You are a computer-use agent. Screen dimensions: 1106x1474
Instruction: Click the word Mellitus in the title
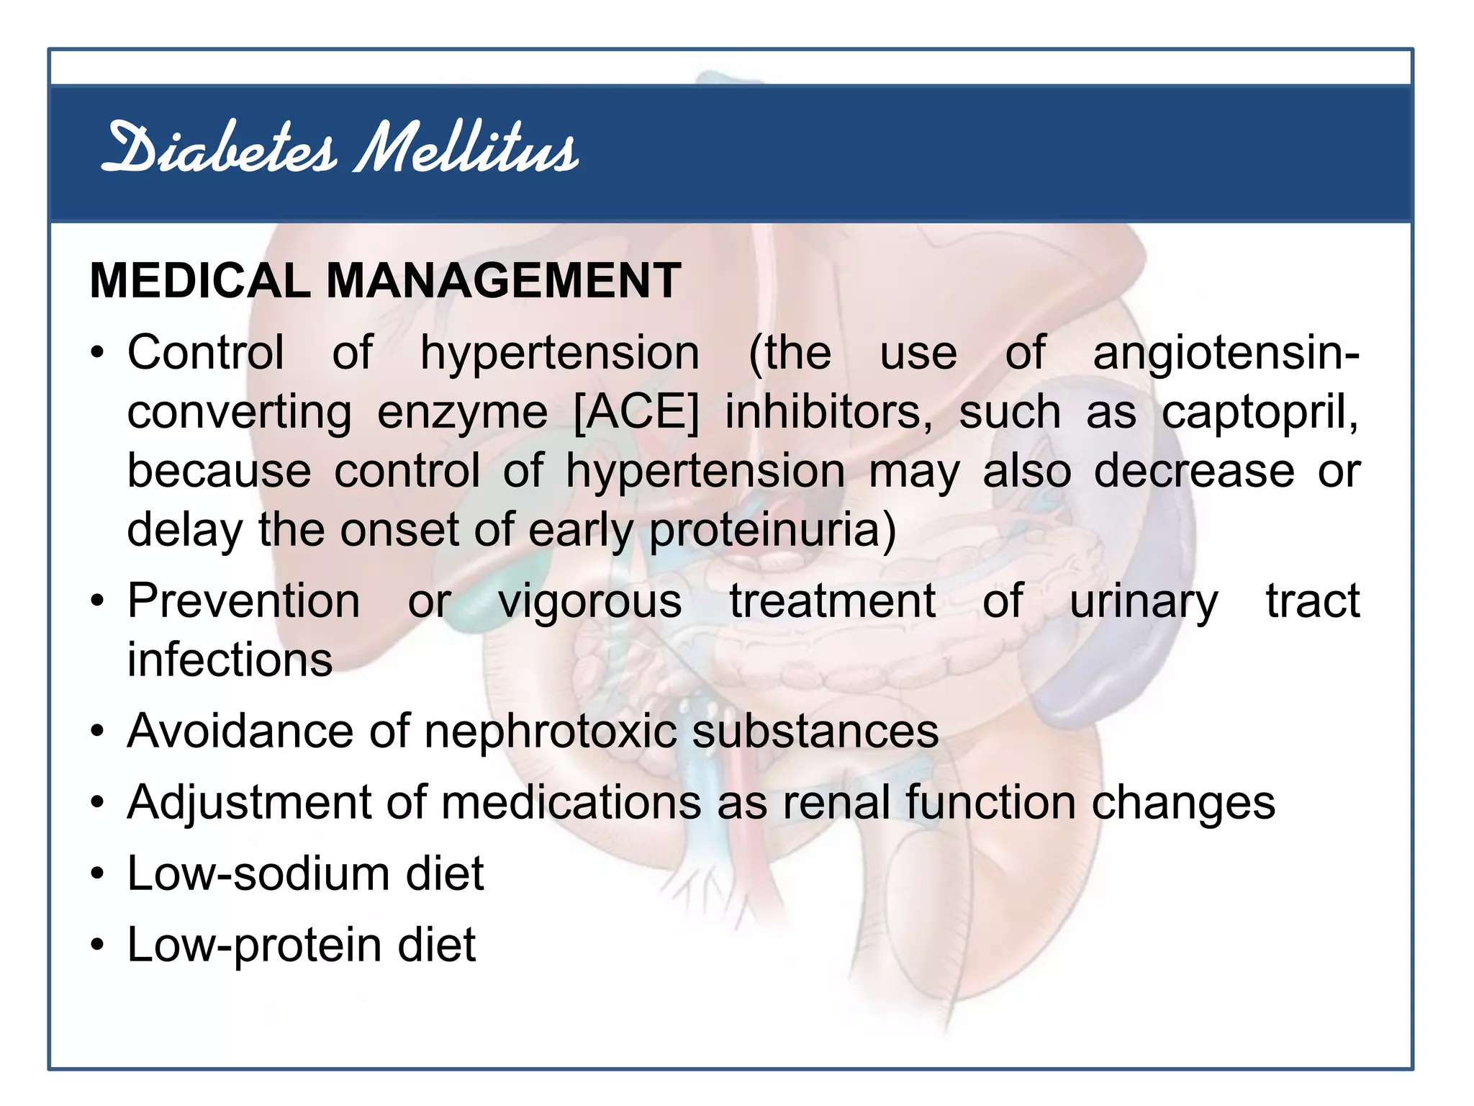(x=466, y=149)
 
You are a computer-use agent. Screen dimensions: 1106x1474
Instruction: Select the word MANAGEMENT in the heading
(x=503, y=280)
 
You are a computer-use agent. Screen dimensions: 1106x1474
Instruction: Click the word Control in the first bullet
(x=206, y=353)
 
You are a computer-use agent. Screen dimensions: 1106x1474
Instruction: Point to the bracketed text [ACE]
(x=636, y=413)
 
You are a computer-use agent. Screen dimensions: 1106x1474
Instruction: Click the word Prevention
(x=243, y=601)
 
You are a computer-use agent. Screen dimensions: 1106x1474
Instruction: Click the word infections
(x=230, y=660)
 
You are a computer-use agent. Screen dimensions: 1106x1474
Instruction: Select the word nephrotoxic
(x=551, y=732)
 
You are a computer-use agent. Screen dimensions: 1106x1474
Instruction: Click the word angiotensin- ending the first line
(x=1226, y=354)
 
